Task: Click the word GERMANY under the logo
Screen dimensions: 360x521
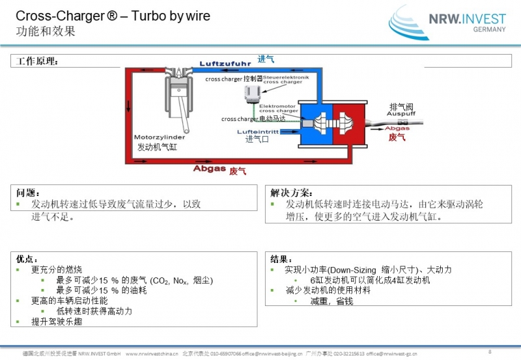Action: (488, 30)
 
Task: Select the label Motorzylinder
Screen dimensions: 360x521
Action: (160, 138)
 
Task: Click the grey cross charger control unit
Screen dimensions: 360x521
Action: (248, 96)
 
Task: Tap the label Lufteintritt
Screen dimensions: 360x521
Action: (259, 131)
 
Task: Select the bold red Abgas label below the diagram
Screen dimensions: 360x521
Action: (209, 169)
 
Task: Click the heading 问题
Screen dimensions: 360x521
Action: (29, 193)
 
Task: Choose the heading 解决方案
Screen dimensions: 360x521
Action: (291, 193)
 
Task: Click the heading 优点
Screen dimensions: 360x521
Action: (27, 258)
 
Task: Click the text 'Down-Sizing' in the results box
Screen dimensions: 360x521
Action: (354, 270)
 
